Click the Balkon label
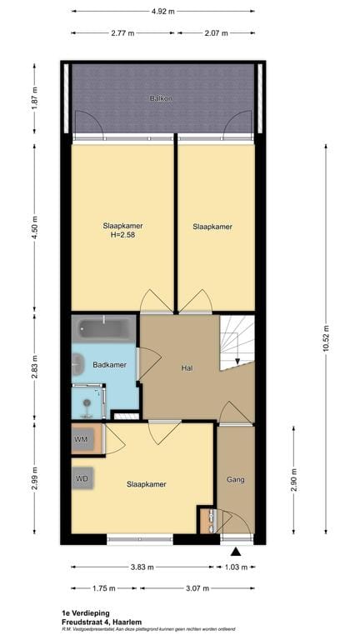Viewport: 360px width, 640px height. (161, 98)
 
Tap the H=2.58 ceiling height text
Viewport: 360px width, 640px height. (122, 236)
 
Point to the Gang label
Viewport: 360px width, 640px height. (235, 480)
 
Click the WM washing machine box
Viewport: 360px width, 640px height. (82, 439)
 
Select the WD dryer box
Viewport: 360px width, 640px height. (82, 479)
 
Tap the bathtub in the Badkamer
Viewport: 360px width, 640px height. (103, 330)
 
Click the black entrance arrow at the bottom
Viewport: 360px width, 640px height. (236, 551)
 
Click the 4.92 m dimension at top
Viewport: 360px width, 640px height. (162, 12)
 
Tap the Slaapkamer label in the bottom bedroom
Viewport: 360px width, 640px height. (146, 484)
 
